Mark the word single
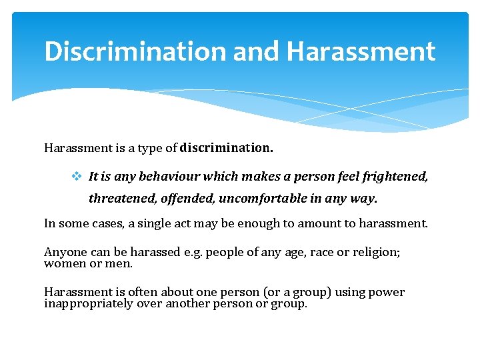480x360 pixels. [x=156, y=223]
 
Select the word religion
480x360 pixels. [x=370, y=252]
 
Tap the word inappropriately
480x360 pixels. [x=86, y=303]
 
